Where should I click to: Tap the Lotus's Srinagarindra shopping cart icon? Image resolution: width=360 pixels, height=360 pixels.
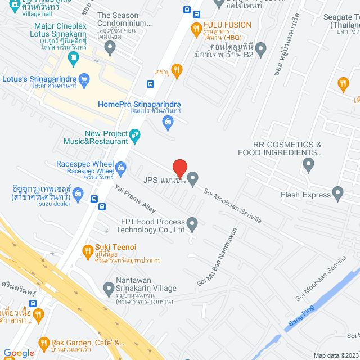click(84, 80)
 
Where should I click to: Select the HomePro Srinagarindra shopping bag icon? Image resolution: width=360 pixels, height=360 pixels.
click(167, 121)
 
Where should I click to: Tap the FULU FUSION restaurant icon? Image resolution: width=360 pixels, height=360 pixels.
click(196, 29)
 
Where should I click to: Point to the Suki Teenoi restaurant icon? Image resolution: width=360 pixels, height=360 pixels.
click(87, 251)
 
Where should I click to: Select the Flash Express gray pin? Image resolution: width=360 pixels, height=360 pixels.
click(337, 195)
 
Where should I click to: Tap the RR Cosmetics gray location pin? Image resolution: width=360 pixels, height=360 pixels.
click(308, 165)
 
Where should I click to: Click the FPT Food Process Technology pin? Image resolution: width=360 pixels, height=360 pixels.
click(192, 226)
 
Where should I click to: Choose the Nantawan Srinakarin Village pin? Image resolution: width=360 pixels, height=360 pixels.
click(109, 290)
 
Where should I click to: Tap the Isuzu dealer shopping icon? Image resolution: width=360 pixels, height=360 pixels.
click(79, 195)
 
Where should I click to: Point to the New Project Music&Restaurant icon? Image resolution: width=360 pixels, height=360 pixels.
click(134, 135)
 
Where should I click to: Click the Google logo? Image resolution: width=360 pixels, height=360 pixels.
click(19, 353)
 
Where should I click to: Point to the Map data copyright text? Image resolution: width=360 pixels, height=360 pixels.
click(335, 355)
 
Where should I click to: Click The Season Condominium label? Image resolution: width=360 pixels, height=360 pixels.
click(124, 20)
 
